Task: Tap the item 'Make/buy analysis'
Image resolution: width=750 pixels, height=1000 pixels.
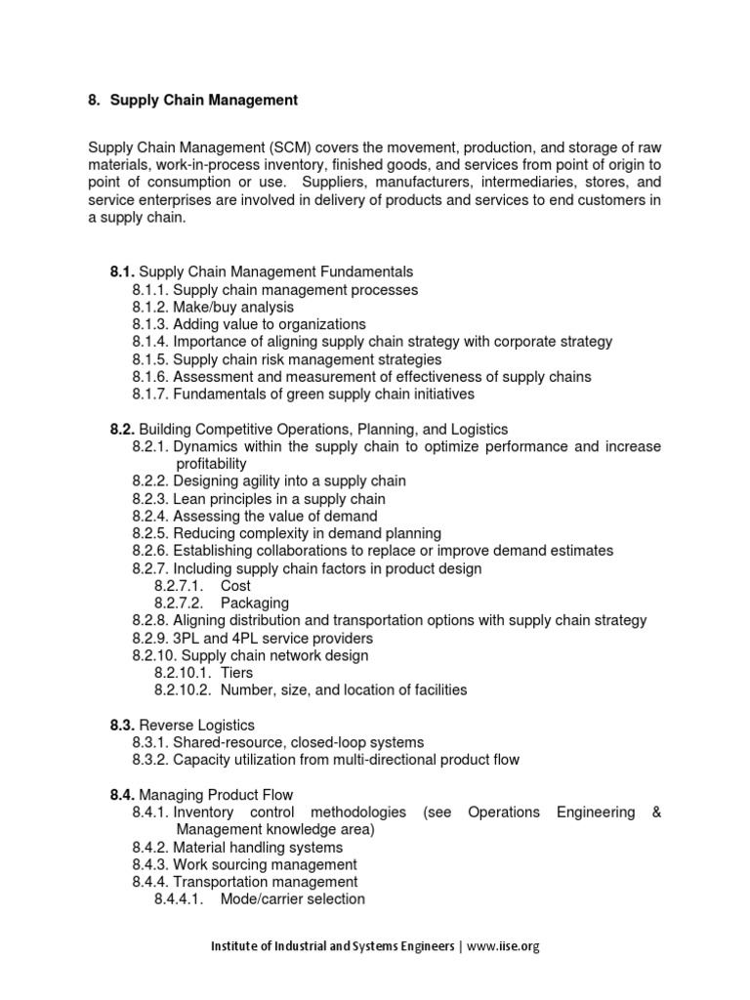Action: (233, 307)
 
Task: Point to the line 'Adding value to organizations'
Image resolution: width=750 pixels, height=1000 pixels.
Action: (270, 324)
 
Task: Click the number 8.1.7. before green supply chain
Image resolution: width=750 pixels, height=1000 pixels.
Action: (150, 395)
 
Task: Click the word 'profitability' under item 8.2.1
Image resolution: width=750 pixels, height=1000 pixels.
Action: (211, 464)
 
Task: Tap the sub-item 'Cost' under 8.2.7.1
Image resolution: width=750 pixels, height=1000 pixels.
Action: (235, 586)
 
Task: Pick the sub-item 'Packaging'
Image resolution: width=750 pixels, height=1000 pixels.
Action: (254, 604)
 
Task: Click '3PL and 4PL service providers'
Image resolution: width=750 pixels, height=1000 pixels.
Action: (271, 638)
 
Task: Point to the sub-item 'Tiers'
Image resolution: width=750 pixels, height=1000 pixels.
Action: (236, 673)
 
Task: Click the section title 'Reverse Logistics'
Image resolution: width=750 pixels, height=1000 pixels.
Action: (197, 725)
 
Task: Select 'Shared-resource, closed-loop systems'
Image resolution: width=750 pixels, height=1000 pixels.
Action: (298, 742)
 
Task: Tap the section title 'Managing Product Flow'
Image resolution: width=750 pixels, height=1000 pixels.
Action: (216, 795)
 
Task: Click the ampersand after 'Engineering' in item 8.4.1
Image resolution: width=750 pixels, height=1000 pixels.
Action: (654, 812)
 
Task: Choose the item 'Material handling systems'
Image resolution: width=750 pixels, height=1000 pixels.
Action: (258, 848)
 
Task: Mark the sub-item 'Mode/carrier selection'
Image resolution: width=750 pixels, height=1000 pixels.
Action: (293, 899)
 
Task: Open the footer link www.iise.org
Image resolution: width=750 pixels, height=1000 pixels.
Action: (505, 946)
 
